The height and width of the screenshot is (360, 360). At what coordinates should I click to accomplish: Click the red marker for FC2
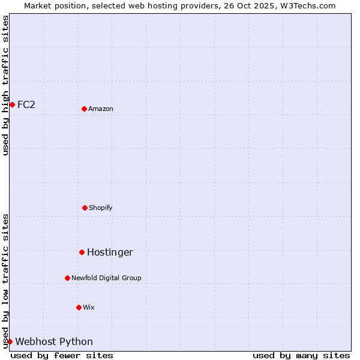point(12,104)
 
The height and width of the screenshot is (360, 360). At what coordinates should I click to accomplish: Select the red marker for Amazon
point(84,109)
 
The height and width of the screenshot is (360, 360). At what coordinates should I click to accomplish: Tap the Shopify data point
point(85,208)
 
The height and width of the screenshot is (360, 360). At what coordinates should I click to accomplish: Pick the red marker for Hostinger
point(82,252)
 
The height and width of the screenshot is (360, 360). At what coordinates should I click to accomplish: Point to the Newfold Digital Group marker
point(67,278)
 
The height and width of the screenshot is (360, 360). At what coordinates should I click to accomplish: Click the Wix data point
point(79,307)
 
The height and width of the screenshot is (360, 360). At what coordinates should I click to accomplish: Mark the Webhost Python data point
point(10,341)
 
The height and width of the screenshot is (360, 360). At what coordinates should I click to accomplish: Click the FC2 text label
point(26,104)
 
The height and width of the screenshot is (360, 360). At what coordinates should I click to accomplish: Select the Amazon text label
point(101,109)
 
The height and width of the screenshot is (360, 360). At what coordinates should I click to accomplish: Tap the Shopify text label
point(101,208)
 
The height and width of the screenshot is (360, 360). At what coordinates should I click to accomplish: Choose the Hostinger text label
point(110,252)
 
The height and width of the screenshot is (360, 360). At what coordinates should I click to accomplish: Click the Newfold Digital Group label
point(106,278)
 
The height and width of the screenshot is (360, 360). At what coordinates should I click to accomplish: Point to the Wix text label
point(89,307)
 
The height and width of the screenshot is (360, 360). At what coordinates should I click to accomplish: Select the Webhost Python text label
point(54,341)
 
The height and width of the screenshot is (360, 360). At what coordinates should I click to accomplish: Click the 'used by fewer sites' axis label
point(62,355)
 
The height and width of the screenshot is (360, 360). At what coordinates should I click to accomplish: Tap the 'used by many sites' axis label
point(301,355)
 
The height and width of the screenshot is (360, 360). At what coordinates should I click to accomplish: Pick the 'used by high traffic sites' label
point(6,85)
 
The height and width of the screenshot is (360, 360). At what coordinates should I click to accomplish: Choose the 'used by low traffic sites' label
point(6,281)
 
